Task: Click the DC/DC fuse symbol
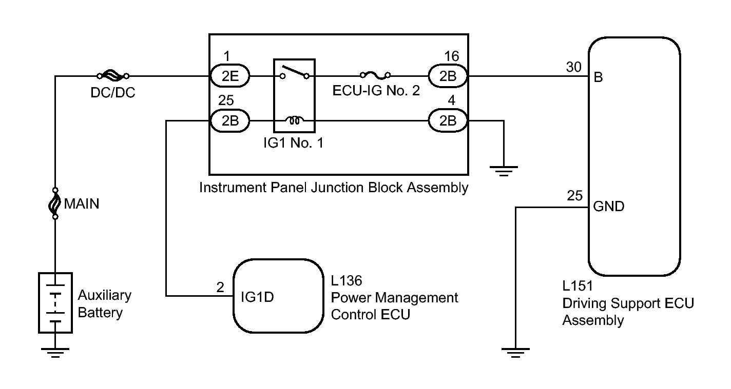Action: tap(113, 76)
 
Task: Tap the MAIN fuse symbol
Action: tap(55, 203)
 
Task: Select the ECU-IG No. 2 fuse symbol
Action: tap(375, 75)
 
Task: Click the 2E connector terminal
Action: tap(230, 76)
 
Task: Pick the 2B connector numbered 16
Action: tap(448, 76)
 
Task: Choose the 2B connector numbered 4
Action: tap(448, 120)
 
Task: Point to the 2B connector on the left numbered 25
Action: tap(230, 120)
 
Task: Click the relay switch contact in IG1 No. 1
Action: tap(294, 72)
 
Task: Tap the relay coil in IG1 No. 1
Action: tap(294, 120)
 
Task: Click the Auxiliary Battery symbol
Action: tap(55, 303)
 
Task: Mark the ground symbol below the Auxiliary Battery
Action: tap(55, 353)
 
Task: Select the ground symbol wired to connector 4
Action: tap(504, 171)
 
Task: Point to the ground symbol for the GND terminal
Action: tap(515, 353)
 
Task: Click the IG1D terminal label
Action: tap(257, 297)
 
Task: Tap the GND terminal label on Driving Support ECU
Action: tap(609, 206)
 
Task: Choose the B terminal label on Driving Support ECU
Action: tap(598, 77)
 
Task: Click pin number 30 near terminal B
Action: tap(574, 67)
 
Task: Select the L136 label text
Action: tap(347, 280)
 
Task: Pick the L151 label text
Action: tap(578, 285)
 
